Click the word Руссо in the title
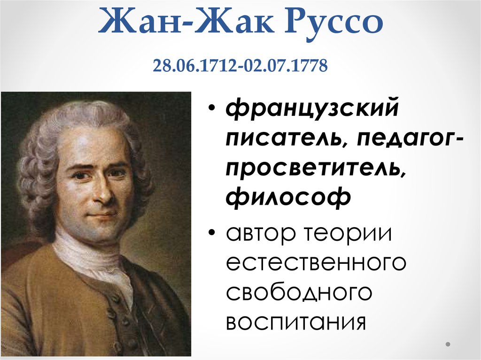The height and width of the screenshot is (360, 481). pos(334,21)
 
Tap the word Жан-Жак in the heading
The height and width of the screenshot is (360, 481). pos(186,21)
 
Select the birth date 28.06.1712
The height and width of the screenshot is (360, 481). pos(194,66)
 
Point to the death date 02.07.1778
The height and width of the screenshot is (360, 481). pos(286,66)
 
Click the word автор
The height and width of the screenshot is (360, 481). pos(261,234)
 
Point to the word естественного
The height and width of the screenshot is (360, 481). pos(316,263)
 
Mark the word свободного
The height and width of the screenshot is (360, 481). pos(299,292)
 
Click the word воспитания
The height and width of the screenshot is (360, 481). pos(296,322)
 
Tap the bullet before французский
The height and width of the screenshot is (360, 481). pos(212,108)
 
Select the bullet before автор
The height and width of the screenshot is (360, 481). pos(212,232)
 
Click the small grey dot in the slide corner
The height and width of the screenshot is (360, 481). pos(448,344)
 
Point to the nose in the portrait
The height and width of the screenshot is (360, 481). pos(104,191)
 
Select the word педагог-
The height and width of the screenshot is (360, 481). pos(410,139)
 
